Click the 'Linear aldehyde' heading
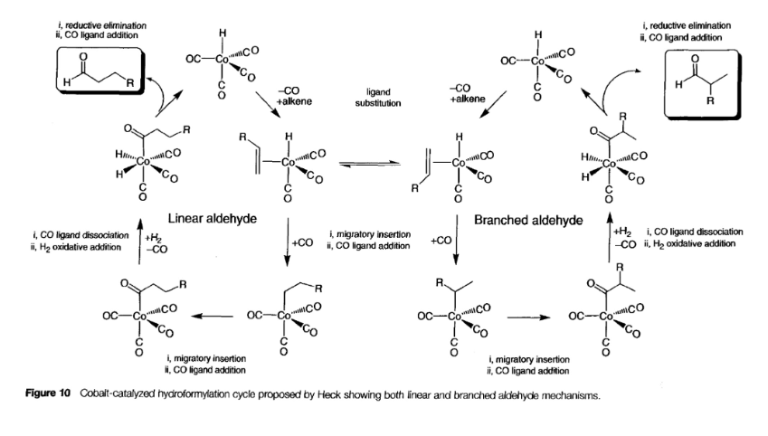(x=212, y=219)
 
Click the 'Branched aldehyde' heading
(x=528, y=221)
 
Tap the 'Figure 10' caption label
(x=48, y=393)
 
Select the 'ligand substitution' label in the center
(x=377, y=98)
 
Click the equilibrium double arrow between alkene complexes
(x=370, y=164)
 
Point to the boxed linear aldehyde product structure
(x=100, y=70)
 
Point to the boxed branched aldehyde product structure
(x=702, y=84)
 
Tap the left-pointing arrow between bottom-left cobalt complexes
(x=212, y=316)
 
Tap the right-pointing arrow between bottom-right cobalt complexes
(x=528, y=318)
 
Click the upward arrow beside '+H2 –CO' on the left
(x=139, y=242)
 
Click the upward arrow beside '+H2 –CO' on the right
(x=610, y=237)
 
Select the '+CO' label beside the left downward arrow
(x=302, y=243)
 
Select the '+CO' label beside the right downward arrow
(x=441, y=241)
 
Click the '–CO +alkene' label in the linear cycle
(x=293, y=96)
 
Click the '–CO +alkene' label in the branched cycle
(x=468, y=93)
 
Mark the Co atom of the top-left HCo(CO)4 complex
(x=222, y=59)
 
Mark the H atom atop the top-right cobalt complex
(x=538, y=34)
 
